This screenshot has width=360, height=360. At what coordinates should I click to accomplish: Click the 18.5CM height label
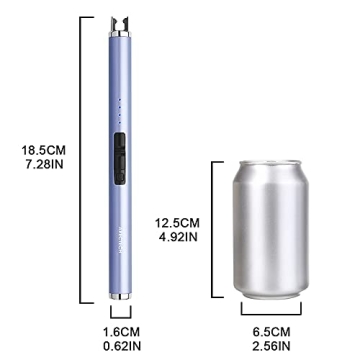(x=40, y=151)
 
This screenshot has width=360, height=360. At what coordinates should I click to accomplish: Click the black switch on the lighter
(x=119, y=156)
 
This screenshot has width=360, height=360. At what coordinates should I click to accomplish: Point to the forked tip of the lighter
(x=118, y=20)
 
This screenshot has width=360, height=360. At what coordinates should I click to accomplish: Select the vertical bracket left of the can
(x=212, y=228)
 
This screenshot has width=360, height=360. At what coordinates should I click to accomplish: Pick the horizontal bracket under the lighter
(x=118, y=315)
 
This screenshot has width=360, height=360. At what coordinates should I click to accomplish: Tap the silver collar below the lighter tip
(x=118, y=32)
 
